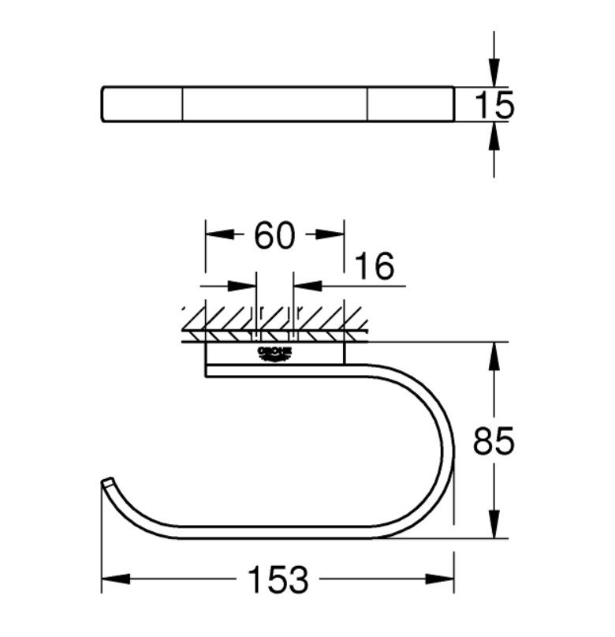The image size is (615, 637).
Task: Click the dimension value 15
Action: click(x=494, y=104)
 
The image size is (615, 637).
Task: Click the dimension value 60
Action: click(x=274, y=235)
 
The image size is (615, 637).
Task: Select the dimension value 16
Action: click(x=373, y=267)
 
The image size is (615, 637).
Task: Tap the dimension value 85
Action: click(x=494, y=442)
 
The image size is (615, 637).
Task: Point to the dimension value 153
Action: click(x=278, y=581)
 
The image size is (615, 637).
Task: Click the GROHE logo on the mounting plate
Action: click(x=274, y=353)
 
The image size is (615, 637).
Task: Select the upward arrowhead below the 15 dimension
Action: click(x=494, y=137)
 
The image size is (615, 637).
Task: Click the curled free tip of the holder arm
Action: click(x=107, y=482)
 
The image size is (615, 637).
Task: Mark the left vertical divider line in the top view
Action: click(x=183, y=104)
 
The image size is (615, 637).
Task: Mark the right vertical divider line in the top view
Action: click(x=367, y=104)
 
